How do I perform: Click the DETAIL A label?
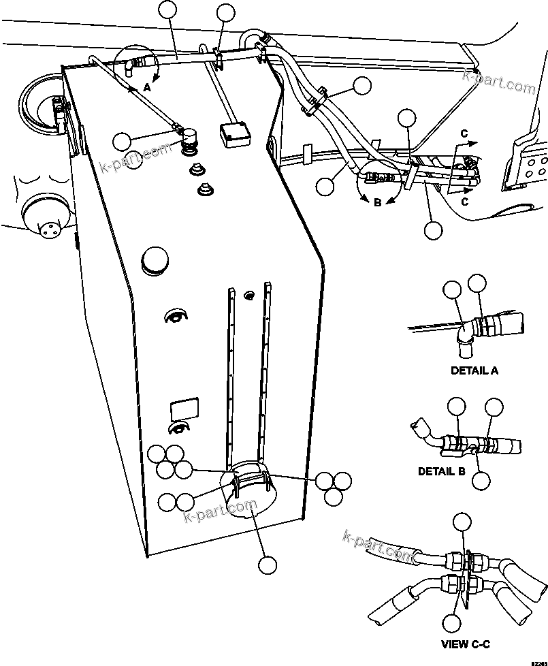(x=474, y=371)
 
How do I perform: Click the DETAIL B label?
(x=441, y=471)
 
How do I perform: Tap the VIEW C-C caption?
(x=466, y=644)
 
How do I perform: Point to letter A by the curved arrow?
(x=148, y=87)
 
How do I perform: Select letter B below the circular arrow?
(x=378, y=202)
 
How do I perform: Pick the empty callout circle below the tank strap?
(x=268, y=565)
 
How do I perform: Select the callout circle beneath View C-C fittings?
(x=451, y=622)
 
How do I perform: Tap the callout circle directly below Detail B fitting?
(x=481, y=480)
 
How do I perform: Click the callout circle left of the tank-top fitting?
(x=123, y=142)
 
